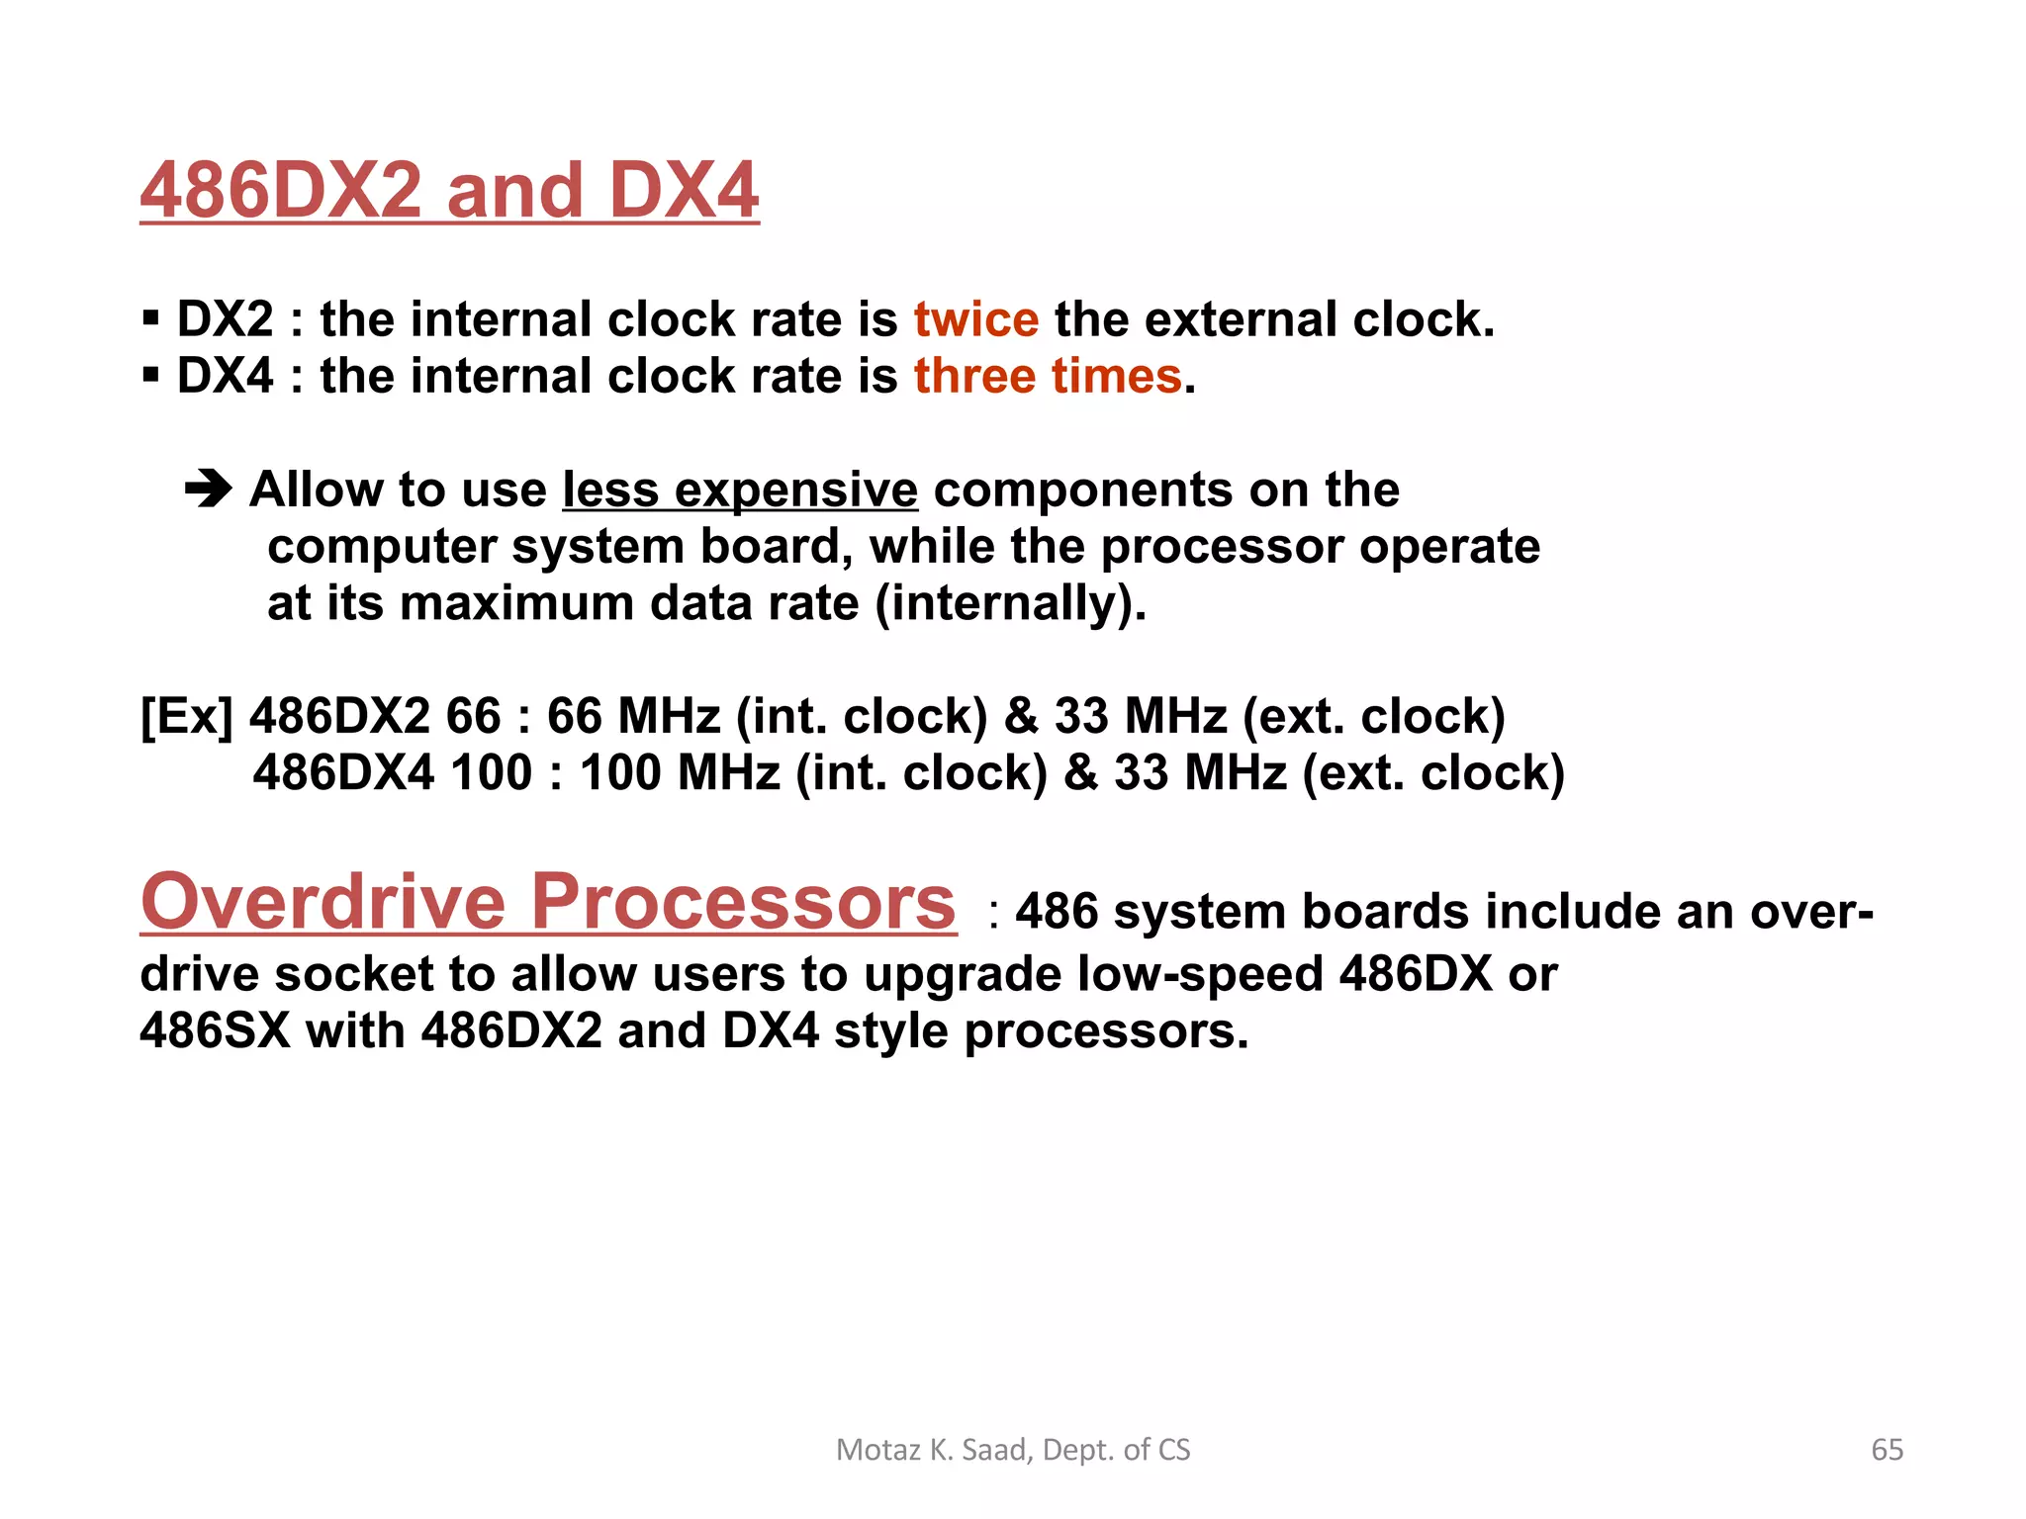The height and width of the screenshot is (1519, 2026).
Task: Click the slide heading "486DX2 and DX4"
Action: (x=449, y=190)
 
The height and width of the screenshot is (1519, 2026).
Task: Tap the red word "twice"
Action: (x=975, y=319)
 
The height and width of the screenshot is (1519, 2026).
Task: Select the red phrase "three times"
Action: (x=1048, y=376)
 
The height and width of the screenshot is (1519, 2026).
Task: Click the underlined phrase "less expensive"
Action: (x=740, y=490)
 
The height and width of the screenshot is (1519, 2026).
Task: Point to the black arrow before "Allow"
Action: (x=209, y=489)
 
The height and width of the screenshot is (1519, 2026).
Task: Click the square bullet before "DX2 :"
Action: (x=150, y=319)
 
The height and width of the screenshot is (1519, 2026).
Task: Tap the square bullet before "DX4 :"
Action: (x=150, y=376)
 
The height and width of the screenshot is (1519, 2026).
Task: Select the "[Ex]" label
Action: (x=187, y=716)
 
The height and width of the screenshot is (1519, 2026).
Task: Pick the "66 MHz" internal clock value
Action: (x=633, y=716)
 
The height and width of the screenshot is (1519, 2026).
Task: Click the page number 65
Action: (x=1887, y=1450)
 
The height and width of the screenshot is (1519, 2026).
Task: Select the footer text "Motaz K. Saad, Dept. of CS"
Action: (x=1013, y=1450)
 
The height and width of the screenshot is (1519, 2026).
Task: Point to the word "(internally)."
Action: (x=1010, y=603)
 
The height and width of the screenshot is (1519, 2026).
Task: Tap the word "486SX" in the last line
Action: (x=215, y=1030)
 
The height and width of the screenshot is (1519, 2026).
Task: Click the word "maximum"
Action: (x=516, y=603)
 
